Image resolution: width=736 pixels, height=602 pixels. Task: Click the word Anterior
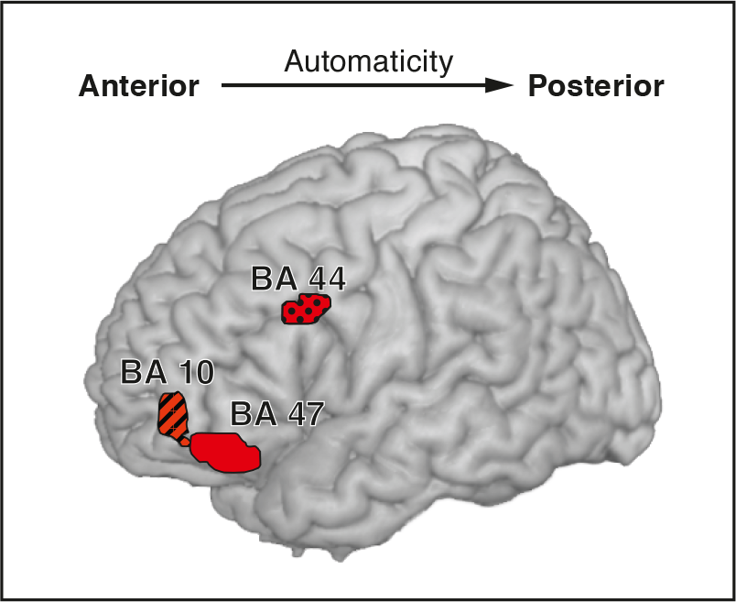coord(139,86)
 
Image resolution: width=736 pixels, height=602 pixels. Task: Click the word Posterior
coord(596,86)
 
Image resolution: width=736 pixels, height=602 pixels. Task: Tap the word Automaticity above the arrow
coord(369,62)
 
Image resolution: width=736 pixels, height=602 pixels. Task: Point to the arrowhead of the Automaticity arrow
coord(499,85)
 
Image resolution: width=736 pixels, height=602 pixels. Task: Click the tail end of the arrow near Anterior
coord(222,85)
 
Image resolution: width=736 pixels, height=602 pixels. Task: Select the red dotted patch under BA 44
coord(306,309)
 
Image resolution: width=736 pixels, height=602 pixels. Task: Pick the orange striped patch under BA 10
coord(172,415)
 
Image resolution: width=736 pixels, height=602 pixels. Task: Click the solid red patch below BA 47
coord(226,452)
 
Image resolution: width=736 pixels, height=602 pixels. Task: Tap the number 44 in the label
coord(327,279)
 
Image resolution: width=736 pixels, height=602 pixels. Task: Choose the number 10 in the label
coord(196,372)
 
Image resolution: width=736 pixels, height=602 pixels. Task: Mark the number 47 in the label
coord(306,414)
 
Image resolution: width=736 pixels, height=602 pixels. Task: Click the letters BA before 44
coord(275,279)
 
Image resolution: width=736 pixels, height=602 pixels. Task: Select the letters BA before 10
coord(144,372)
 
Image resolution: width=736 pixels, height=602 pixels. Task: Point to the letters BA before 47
coord(254,414)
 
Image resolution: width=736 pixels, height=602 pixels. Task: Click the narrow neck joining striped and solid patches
coord(185,442)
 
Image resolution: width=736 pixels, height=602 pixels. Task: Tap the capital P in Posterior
coord(537,86)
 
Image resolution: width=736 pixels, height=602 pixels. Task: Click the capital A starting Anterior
coord(89,86)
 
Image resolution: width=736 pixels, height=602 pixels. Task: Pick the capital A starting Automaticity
coord(294,61)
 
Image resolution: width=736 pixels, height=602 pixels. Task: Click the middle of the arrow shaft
coord(367,85)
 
